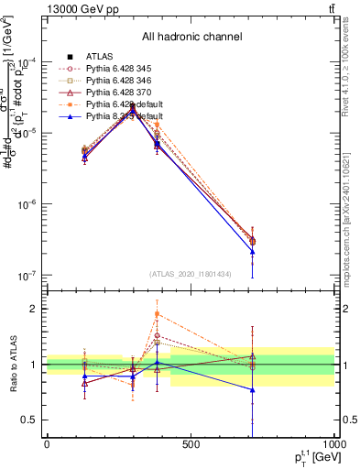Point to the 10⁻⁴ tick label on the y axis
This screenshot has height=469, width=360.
[29, 61]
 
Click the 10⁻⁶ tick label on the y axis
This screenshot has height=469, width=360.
[29, 203]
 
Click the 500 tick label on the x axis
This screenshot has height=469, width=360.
[191, 445]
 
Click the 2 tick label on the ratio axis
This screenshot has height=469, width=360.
[37, 309]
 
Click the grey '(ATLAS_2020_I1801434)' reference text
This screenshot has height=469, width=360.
[190, 274]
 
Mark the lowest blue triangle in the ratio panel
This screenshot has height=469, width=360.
[252, 390]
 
